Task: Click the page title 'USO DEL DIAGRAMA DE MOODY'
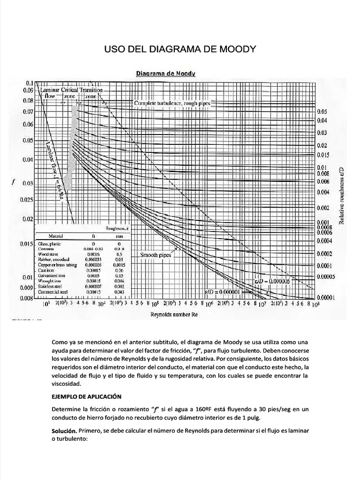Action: point(180,50)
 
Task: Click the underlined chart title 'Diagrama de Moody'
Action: point(165,73)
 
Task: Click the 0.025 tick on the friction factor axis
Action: point(28,200)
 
